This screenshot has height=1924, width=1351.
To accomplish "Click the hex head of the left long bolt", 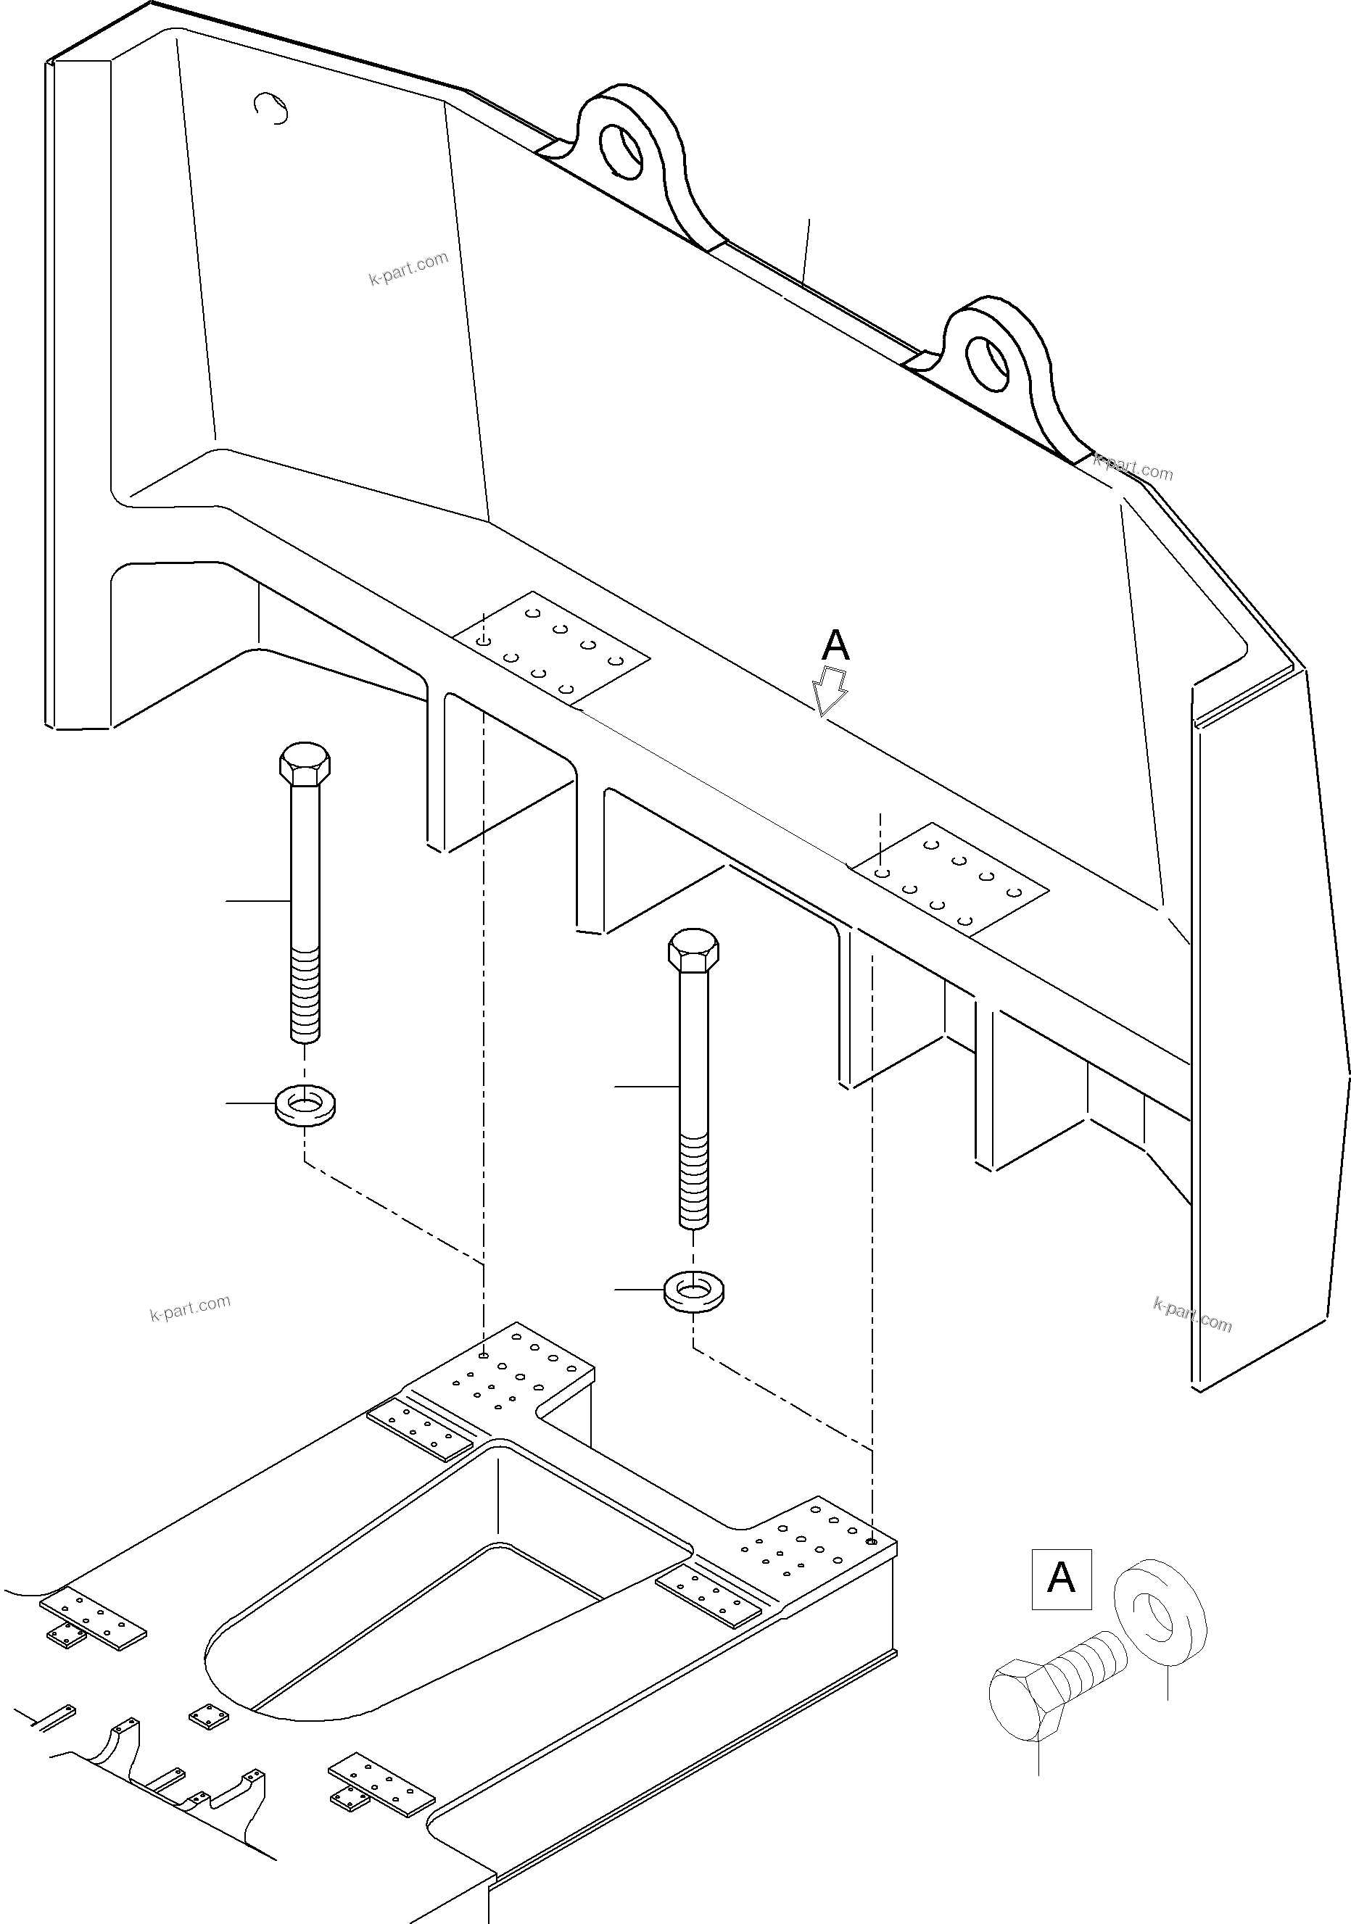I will pyautogui.click(x=305, y=763).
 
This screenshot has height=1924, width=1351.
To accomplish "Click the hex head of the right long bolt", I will pyautogui.click(x=693, y=950).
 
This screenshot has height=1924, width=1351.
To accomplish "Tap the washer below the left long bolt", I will pyautogui.click(x=305, y=1105).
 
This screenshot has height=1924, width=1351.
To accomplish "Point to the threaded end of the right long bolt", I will pyautogui.click(x=693, y=1181).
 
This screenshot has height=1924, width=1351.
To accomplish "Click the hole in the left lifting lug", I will pyautogui.click(x=621, y=150).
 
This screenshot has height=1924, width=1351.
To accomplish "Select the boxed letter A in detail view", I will pyautogui.click(x=1061, y=1579).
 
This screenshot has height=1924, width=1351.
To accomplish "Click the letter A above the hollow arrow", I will pyautogui.click(x=835, y=646).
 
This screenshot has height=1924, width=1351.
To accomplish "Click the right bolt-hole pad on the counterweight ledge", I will pyautogui.click(x=949, y=878).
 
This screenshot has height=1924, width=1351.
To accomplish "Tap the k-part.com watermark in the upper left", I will pyautogui.click(x=408, y=268).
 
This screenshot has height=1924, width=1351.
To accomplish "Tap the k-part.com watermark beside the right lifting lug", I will pyautogui.click(x=1133, y=467).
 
